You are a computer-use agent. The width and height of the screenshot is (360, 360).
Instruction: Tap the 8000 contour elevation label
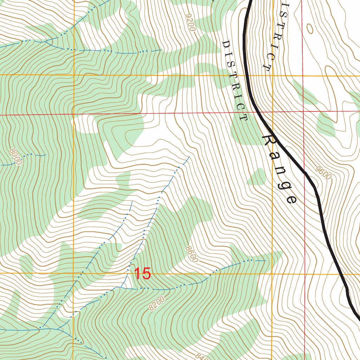(16, 157)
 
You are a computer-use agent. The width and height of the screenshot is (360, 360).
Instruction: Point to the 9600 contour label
(323, 173)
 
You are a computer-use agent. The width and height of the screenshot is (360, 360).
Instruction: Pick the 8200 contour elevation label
(156, 303)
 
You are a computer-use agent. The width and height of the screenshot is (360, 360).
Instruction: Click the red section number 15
(143, 274)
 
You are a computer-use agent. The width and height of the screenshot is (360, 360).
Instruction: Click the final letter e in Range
(291, 199)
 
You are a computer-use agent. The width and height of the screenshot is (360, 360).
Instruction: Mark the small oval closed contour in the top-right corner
(310, 28)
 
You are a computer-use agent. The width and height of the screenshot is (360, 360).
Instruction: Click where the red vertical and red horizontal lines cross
(303, 112)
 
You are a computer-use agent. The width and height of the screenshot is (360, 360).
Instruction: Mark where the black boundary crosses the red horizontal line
(256, 112)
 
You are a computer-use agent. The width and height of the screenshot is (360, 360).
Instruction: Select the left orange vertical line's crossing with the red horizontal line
(73, 114)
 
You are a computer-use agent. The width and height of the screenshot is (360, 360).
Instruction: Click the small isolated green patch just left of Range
(257, 177)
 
